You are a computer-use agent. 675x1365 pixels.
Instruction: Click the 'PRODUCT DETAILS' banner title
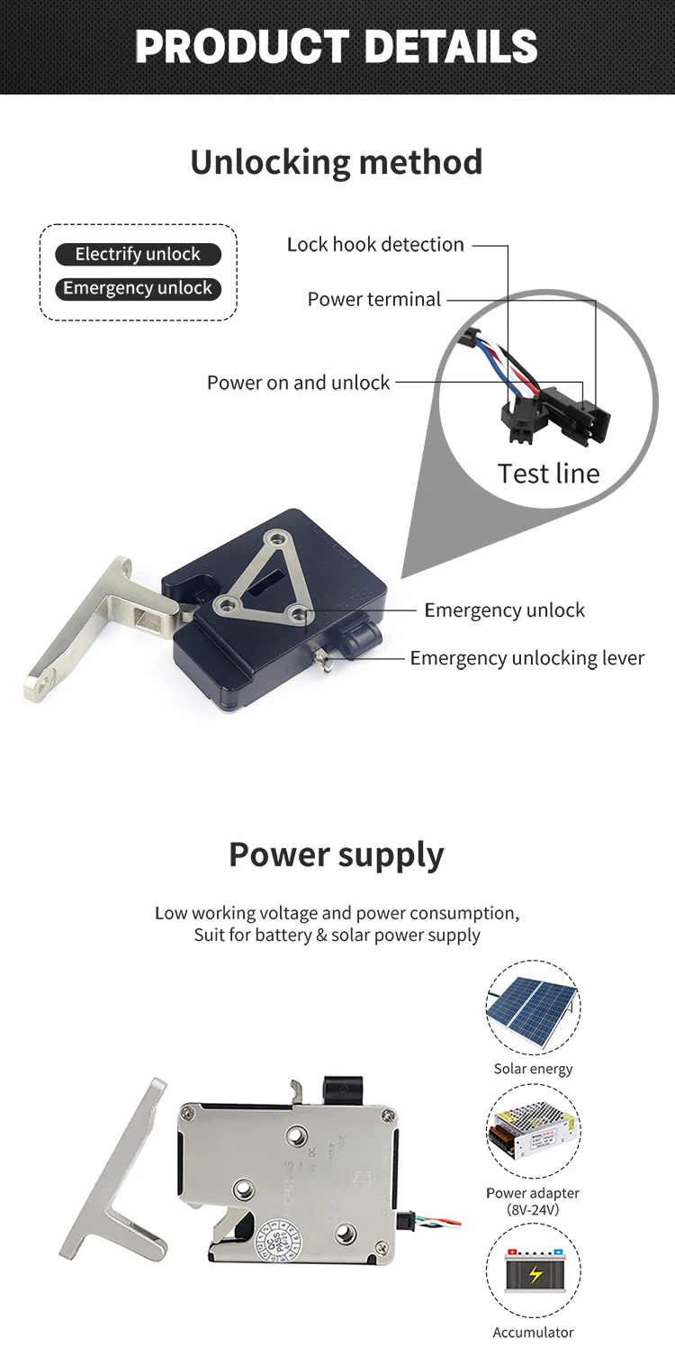point(337,47)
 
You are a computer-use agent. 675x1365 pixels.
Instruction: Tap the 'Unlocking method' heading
point(337,162)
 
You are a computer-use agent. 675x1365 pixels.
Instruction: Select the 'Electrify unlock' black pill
point(138,255)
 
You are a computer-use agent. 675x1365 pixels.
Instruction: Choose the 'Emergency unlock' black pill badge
point(138,289)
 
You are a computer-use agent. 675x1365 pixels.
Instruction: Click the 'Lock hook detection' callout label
point(375,245)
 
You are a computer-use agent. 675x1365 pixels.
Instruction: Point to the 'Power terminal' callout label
point(374,300)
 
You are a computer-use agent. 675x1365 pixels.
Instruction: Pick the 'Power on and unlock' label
point(298,383)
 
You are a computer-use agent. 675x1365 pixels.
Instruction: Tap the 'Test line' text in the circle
point(548,474)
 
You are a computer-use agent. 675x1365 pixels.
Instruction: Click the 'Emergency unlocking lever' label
point(526,658)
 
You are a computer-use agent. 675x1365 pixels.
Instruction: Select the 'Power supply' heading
point(337,854)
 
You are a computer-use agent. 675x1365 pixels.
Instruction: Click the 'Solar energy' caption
point(533,1069)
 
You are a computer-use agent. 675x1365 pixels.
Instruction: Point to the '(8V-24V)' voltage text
point(533,1209)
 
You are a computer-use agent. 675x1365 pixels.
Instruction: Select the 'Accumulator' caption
point(533,1333)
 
